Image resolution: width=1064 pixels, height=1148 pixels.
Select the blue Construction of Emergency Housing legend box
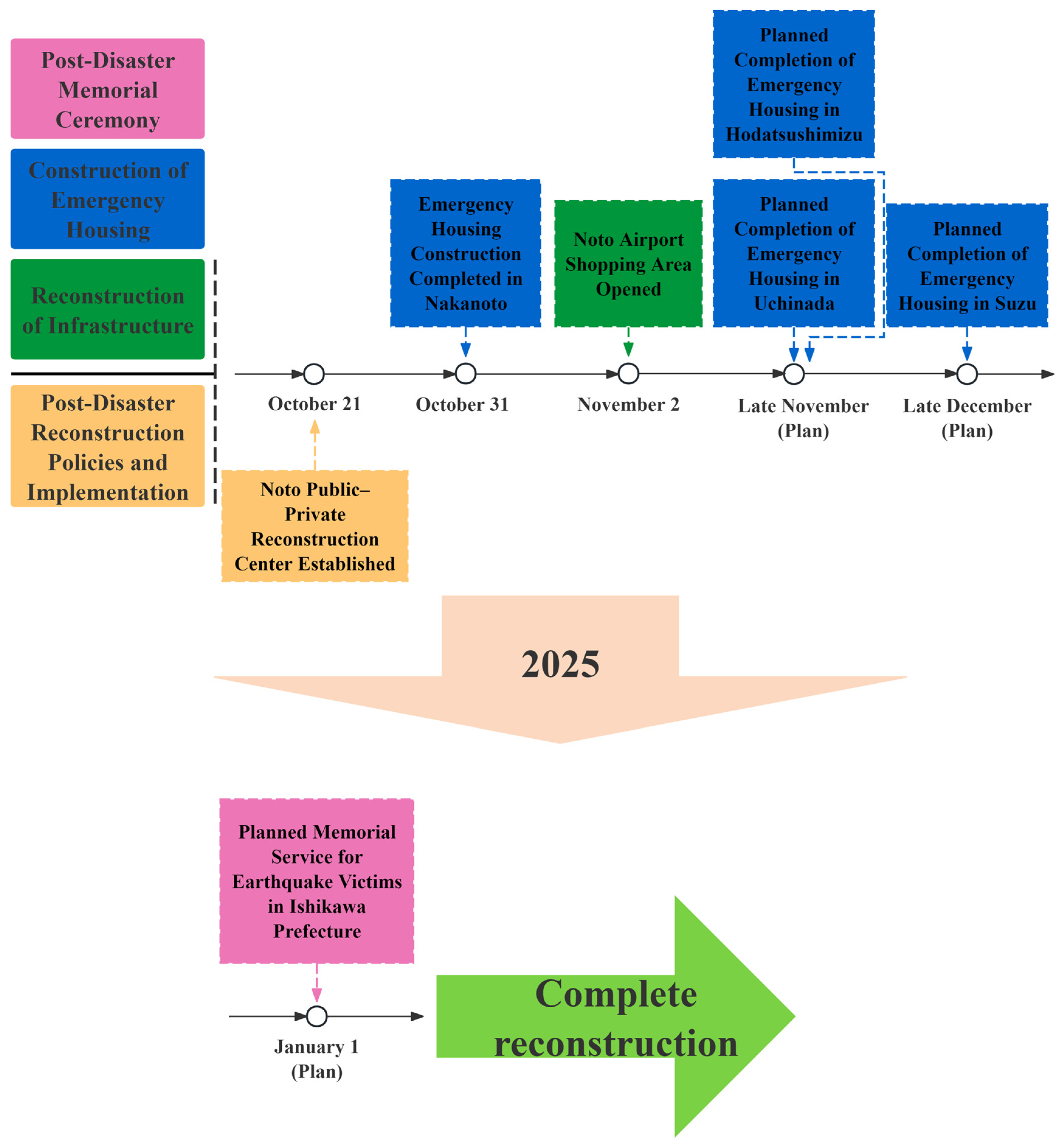point(108,199)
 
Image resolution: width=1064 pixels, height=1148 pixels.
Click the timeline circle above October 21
point(314,374)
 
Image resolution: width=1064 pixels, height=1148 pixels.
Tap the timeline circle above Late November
point(794,374)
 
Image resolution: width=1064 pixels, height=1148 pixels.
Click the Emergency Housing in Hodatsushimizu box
point(794,84)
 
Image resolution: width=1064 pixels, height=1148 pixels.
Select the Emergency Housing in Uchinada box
point(794,253)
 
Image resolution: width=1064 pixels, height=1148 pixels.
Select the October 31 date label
point(462,405)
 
